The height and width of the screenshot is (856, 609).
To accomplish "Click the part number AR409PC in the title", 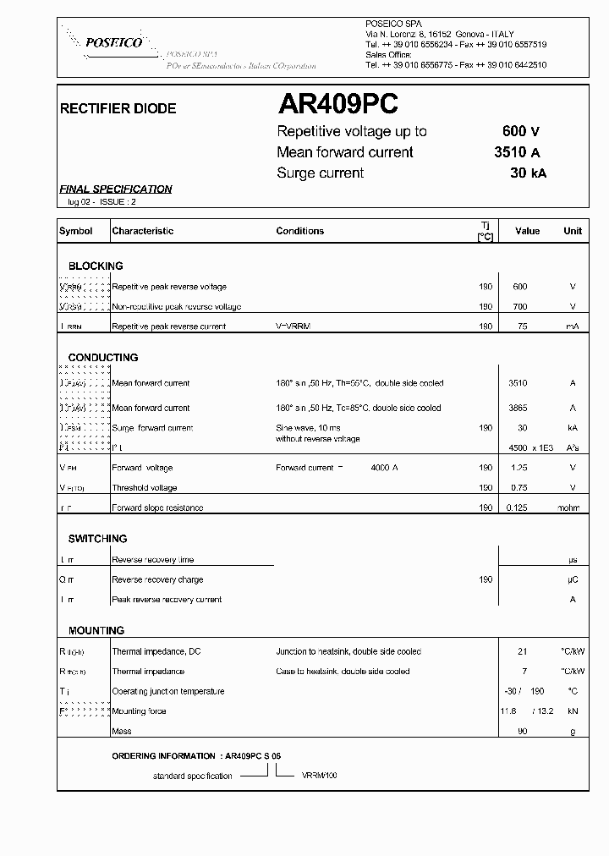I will (x=337, y=105).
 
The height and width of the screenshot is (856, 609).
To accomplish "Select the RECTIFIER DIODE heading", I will (x=118, y=109).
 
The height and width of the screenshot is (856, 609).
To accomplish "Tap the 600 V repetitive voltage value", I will (x=520, y=131).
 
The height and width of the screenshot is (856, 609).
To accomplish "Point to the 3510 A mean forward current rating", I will (x=517, y=152).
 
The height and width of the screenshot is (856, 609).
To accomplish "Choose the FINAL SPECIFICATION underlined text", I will (x=116, y=189).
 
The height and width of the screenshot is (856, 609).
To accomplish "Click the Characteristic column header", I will (x=143, y=231).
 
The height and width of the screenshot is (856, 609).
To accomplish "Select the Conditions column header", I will (x=299, y=231).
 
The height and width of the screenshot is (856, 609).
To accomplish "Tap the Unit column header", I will (x=573, y=231).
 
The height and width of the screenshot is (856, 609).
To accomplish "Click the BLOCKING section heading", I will (x=96, y=266).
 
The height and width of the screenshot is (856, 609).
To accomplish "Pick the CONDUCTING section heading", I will (x=103, y=358).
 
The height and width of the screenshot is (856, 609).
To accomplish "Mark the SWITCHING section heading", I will (x=98, y=539).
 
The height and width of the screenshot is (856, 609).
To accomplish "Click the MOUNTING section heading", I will (x=96, y=631).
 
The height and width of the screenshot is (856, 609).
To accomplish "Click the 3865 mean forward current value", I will (x=517, y=408).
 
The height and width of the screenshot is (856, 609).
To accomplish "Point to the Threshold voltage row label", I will (x=145, y=488).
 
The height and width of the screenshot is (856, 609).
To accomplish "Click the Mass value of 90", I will (x=522, y=731).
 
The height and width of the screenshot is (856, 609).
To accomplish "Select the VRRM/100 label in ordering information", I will (x=318, y=776).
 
